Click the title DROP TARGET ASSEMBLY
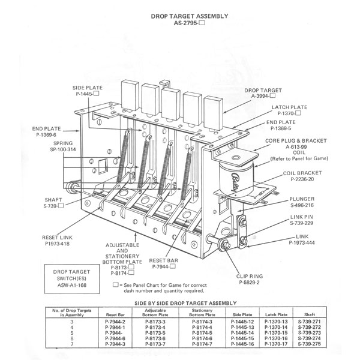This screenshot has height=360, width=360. pyautogui.click(x=190, y=16)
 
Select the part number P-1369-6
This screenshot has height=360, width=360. pyautogui.click(x=46, y=135)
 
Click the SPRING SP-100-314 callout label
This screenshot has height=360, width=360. pyautogui.click(x=63, y=146)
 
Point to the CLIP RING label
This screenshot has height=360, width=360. pyautogui.click(x=250, y=276)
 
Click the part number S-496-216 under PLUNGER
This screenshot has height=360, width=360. pyautogui.click(x=302, y=205)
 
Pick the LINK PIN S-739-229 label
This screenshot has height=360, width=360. pyautogui.click(x=301, y=220)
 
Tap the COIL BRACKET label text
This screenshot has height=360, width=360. pyautogui.click(x=302, y=173)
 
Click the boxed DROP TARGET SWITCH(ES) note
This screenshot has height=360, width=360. pyautogui.click(x=72, y=279)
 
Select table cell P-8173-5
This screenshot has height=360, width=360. pyautogui.click(x=155, y=333)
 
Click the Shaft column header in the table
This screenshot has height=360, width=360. pyautogui.click(x=309, y=314)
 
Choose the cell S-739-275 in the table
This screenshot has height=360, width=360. pyautogui.click(x=309, y=344)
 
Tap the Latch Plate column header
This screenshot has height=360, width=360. pyautogui.click(x=276, y=314)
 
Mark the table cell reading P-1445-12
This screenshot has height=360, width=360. pyautogui.click(x=242, y=322)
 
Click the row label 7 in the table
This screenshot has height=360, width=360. pyautogui.click(x=72, y=344)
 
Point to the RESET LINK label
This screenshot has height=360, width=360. pyautogui.click(x=57, y=238)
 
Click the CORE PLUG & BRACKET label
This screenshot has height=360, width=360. pyautogui.click(x=296, y=141)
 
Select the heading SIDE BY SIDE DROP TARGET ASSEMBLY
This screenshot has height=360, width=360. pyautogui.click(x=185, y=303)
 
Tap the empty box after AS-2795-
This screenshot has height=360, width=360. pyautogui.click(x=202, y=23)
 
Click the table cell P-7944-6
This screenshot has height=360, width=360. pyautogui.click(x=115, y=338)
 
